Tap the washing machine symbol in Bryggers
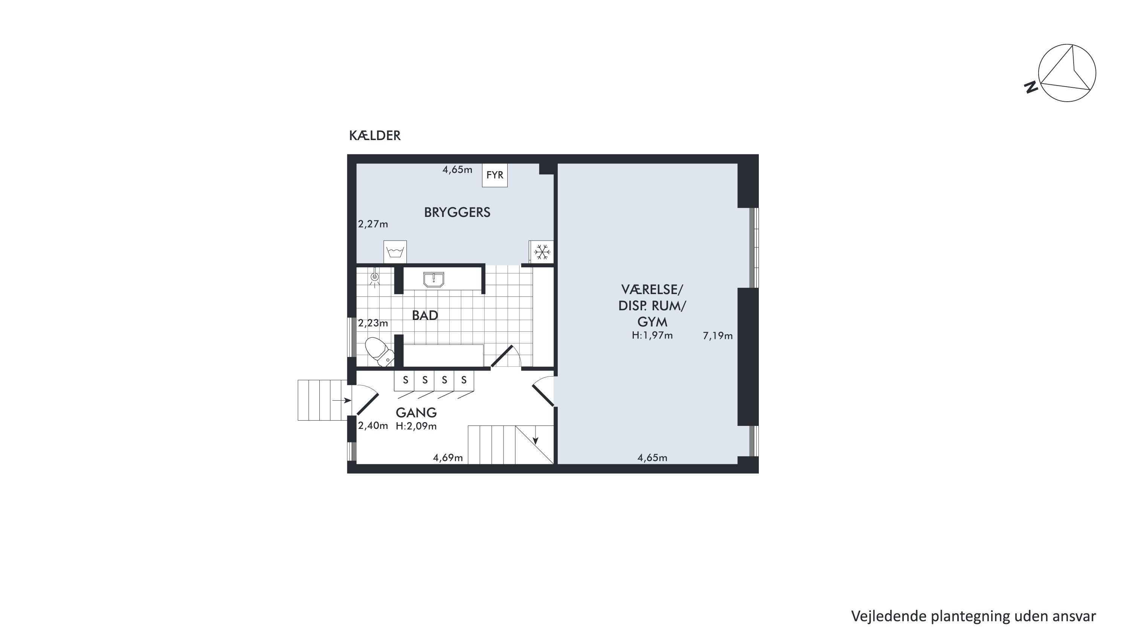[x=395, y=252]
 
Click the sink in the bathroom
[x=434, y=279]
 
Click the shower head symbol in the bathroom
[x=374, y=278]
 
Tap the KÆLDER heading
[x=375, y=136]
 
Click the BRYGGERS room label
[x=457, y=213]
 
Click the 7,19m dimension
[x=718, y=336]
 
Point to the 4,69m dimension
[x=448, y=458]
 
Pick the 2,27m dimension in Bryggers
[x=373, y=224]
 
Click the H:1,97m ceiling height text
[x=652, y=336]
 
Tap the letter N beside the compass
[x=1031, y=87]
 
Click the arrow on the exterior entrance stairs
[x=342, y=400]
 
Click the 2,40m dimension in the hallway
[x=373, y=426]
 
